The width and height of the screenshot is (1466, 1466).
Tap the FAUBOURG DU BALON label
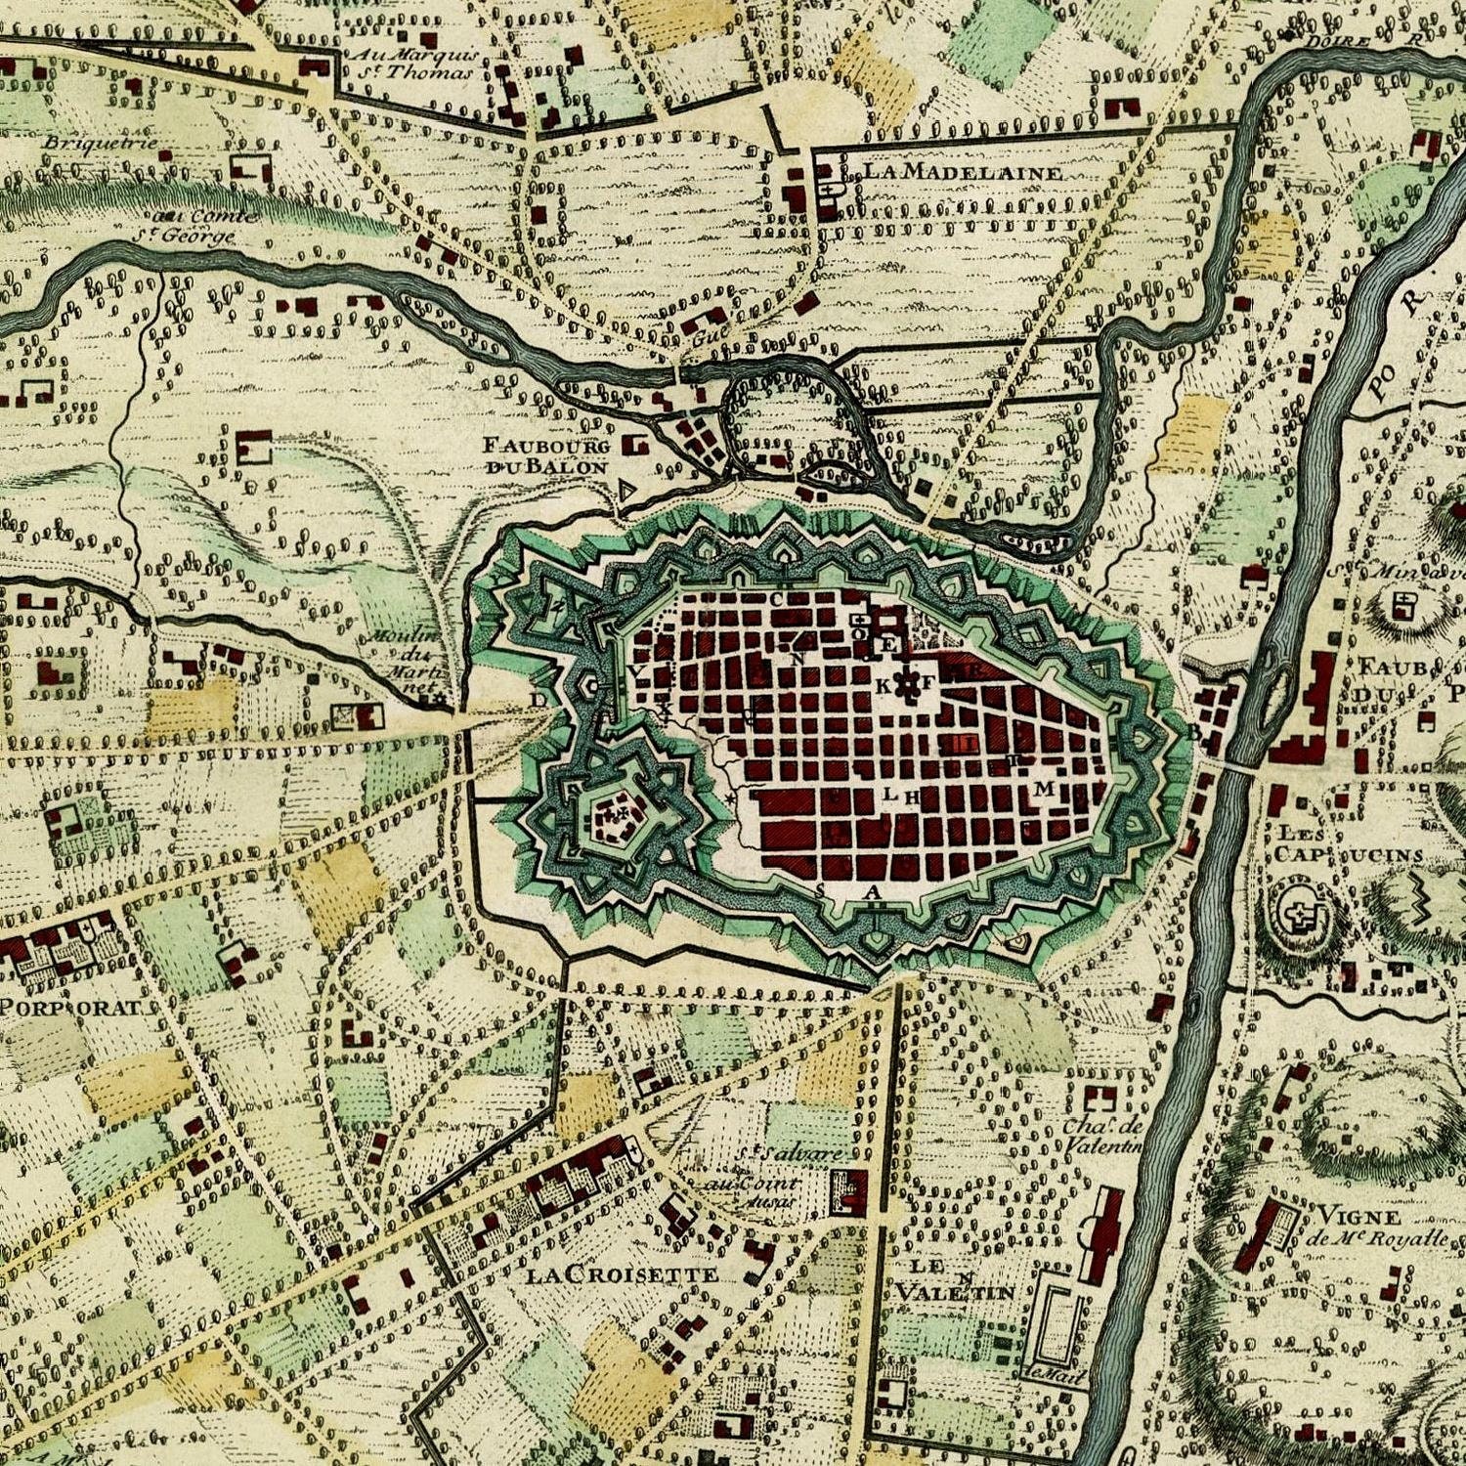click(546, 456)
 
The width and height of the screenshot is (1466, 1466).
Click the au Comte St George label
click(196, 226)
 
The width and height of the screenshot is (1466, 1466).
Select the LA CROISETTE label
click(622, 1274)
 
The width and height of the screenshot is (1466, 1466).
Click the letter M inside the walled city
click(1045, 788)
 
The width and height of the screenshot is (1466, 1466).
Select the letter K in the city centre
click(883, 686)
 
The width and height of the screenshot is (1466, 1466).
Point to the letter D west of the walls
click(539, 699)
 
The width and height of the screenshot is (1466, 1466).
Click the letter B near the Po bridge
click(1193, 731)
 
